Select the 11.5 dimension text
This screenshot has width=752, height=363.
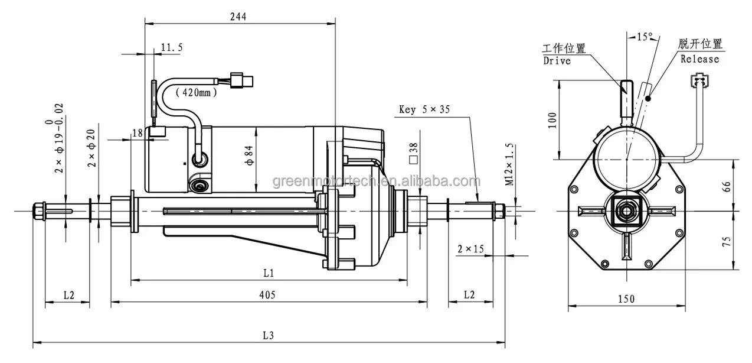click(171, 47)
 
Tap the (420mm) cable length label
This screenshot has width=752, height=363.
click(196, 92)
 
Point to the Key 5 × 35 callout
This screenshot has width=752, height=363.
click(424, 110)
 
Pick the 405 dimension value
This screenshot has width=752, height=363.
click(267, 294)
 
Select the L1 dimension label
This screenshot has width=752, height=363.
click(269, 273)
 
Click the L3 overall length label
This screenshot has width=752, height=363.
click(268, 335)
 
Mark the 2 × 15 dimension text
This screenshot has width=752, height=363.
click(470, 249)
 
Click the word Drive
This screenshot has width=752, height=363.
click(556, 61)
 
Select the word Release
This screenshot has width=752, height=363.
click(699, 59)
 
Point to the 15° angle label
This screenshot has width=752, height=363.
click(644, 37)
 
